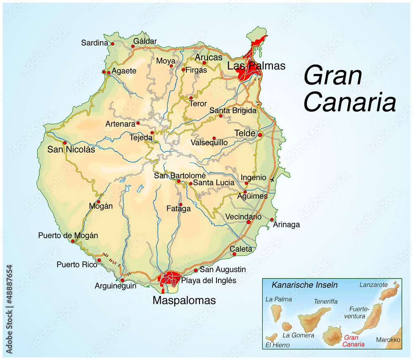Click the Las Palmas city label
pos(256,66)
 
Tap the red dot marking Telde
pos(260,135)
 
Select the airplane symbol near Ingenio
pos(272,180)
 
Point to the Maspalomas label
pos(184,301)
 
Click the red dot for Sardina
pos(112,43)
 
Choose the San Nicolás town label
pos(71,149)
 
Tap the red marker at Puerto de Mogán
pos(73,241)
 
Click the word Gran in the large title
pos(333,76)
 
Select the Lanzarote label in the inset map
pos(373,285)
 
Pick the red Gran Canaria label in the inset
pos(354,341)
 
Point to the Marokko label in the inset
pos(388,340)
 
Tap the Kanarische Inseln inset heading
pos(304,285)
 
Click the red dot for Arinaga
pos(272,220)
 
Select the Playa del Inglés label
pos(209,281)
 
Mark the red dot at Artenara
pos(138,123)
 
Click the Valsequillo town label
pos(209,142)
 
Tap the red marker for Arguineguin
pos(122,280)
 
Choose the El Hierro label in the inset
pos(278,345)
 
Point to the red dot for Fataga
pos(180,204)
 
